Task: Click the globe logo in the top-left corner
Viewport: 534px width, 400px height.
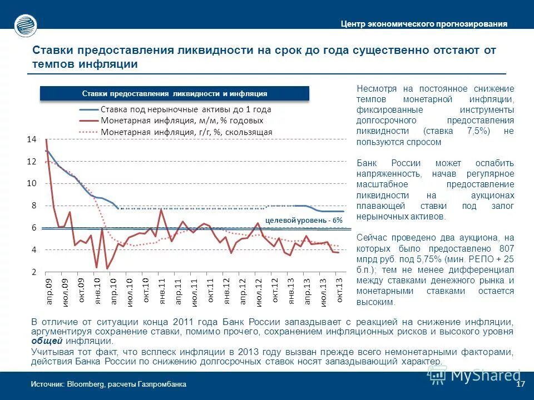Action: (25, 24)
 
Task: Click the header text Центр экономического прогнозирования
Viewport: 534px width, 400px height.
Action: (424, 24)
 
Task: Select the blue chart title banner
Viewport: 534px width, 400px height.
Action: (174, 93)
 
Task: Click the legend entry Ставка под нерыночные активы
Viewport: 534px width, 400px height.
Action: (186, 109)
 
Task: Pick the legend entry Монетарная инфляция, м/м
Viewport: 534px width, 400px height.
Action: (182, 120)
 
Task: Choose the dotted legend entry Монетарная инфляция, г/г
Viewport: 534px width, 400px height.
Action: (186, 132)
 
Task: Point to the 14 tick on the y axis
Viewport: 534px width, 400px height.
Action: (31, 139)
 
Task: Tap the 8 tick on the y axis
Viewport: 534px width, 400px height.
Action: (33, 206)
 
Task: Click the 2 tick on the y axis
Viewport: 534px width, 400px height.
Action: (33, 272)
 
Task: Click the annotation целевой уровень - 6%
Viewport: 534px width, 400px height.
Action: (304, 220)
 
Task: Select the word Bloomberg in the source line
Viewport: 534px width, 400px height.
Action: (86, 384)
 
